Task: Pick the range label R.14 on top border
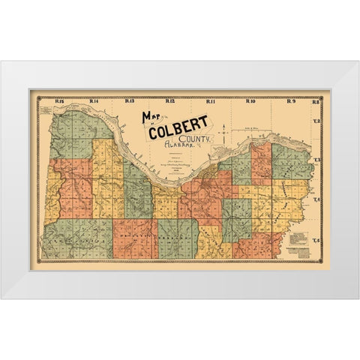coord(94,100)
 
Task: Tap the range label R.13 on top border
coord(130,100)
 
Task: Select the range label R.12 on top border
coord(169,100)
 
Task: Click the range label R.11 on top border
coord(211,100)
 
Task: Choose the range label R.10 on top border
coord(250,100)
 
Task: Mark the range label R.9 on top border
coord(290,100)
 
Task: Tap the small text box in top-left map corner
coord(48,111)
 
